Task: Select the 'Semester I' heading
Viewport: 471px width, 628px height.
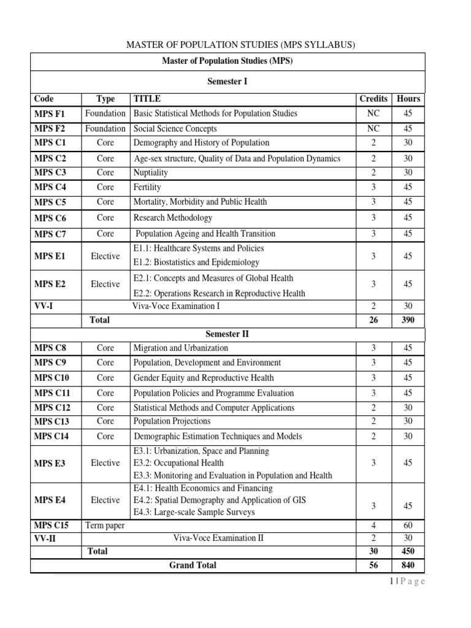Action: point(227,82)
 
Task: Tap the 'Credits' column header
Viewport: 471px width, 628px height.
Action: point(373,99)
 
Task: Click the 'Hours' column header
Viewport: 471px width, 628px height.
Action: point(408,99)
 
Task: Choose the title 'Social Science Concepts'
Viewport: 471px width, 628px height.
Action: point(175,129)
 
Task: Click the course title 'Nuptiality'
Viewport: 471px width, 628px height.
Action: point(150,172)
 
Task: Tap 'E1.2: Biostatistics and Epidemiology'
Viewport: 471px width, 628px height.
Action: point(196,262)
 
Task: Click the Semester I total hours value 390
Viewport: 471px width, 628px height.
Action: point(408,320)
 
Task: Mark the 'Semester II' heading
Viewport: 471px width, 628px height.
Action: point(227,334)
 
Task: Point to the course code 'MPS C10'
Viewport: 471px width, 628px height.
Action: point(52,378)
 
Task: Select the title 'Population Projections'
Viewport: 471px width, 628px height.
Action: point(172,421)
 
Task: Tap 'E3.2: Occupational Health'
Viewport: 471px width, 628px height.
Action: point(178,463)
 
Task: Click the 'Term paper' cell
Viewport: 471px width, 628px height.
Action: point(105,526)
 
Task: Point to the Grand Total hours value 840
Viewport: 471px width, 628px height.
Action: point(408,565)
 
